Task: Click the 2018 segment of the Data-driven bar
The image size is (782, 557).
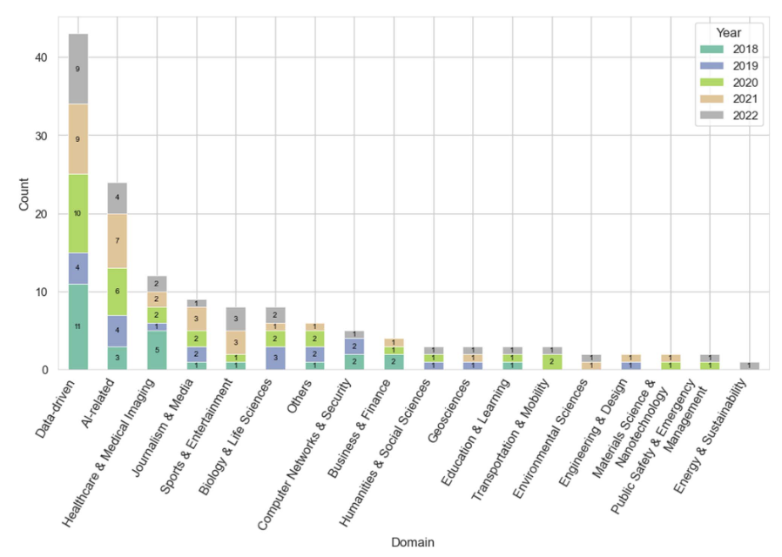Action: pyautogui.click(x=78, y=326)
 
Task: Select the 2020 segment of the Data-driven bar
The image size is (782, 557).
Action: pyautogui.click(x=78, y=213)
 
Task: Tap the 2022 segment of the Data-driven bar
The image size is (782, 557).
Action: pyautogui.click(x=78, y=69)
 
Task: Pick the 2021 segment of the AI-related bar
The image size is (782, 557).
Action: pyautogui.click(x=118, y=240)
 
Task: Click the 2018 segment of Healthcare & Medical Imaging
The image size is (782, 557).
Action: pyautogui.click(x=157, y=350)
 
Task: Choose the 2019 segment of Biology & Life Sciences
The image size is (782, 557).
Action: pyautogui.click(x=275, y=358)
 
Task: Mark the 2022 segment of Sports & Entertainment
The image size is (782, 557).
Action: pyautogui.click(x=236, y=319)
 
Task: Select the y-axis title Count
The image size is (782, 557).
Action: pyautogui.click(x=24, y=196)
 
